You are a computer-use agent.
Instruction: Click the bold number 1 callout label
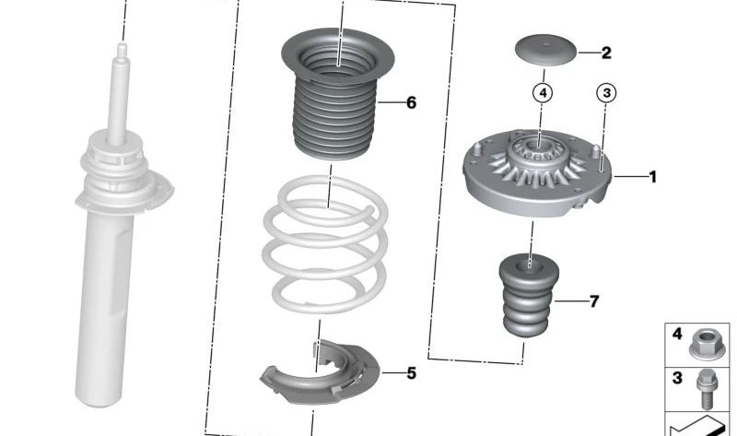[652, 177]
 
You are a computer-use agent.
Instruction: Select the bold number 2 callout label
[606, 53]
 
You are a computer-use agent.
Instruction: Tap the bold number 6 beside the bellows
[411, 102]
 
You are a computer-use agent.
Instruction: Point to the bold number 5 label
[411, 373]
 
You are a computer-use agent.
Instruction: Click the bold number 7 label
[594, 301]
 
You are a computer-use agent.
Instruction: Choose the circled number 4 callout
[543, 93]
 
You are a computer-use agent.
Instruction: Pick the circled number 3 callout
[606, 93]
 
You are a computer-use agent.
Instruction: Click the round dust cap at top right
[545, 50]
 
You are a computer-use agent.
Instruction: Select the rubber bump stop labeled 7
[528, 295]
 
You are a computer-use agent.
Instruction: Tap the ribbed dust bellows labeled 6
[337, 94]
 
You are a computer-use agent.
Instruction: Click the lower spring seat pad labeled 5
[320, 371]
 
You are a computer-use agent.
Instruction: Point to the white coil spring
[325, 244]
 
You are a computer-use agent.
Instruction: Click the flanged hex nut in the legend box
[706, 345]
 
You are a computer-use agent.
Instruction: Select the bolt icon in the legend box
[706, 388]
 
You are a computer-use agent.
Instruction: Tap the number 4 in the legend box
[677, 334]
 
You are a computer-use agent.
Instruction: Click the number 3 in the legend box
[677, 377]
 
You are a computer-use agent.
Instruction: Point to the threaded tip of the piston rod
[122, 50]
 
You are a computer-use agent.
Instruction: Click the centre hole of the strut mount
[539, 147]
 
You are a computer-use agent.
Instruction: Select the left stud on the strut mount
[476, 149]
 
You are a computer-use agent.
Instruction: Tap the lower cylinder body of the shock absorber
[104, 311]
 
